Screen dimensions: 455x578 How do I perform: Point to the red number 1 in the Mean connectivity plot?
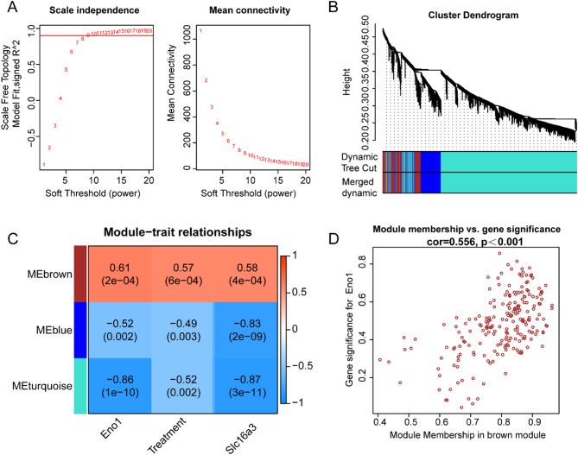click(200, 32)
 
